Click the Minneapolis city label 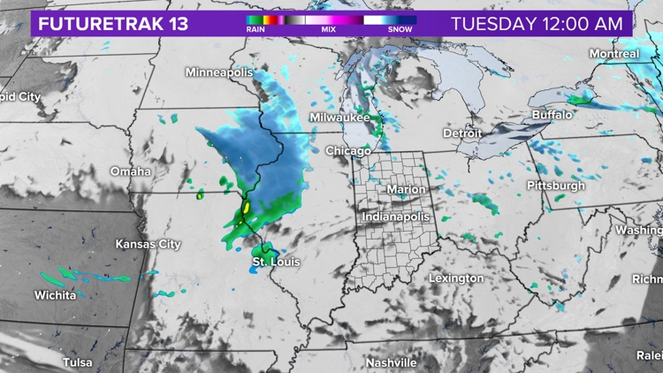218,72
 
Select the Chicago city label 347,151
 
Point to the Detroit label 462,133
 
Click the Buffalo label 552,115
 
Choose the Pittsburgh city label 555,186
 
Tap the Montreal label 613,54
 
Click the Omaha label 130,171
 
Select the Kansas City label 148,244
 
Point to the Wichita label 55,295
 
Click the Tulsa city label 77,362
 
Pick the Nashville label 391,363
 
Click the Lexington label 456,278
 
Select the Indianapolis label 396,217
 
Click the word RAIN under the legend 256,29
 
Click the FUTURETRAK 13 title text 112,23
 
